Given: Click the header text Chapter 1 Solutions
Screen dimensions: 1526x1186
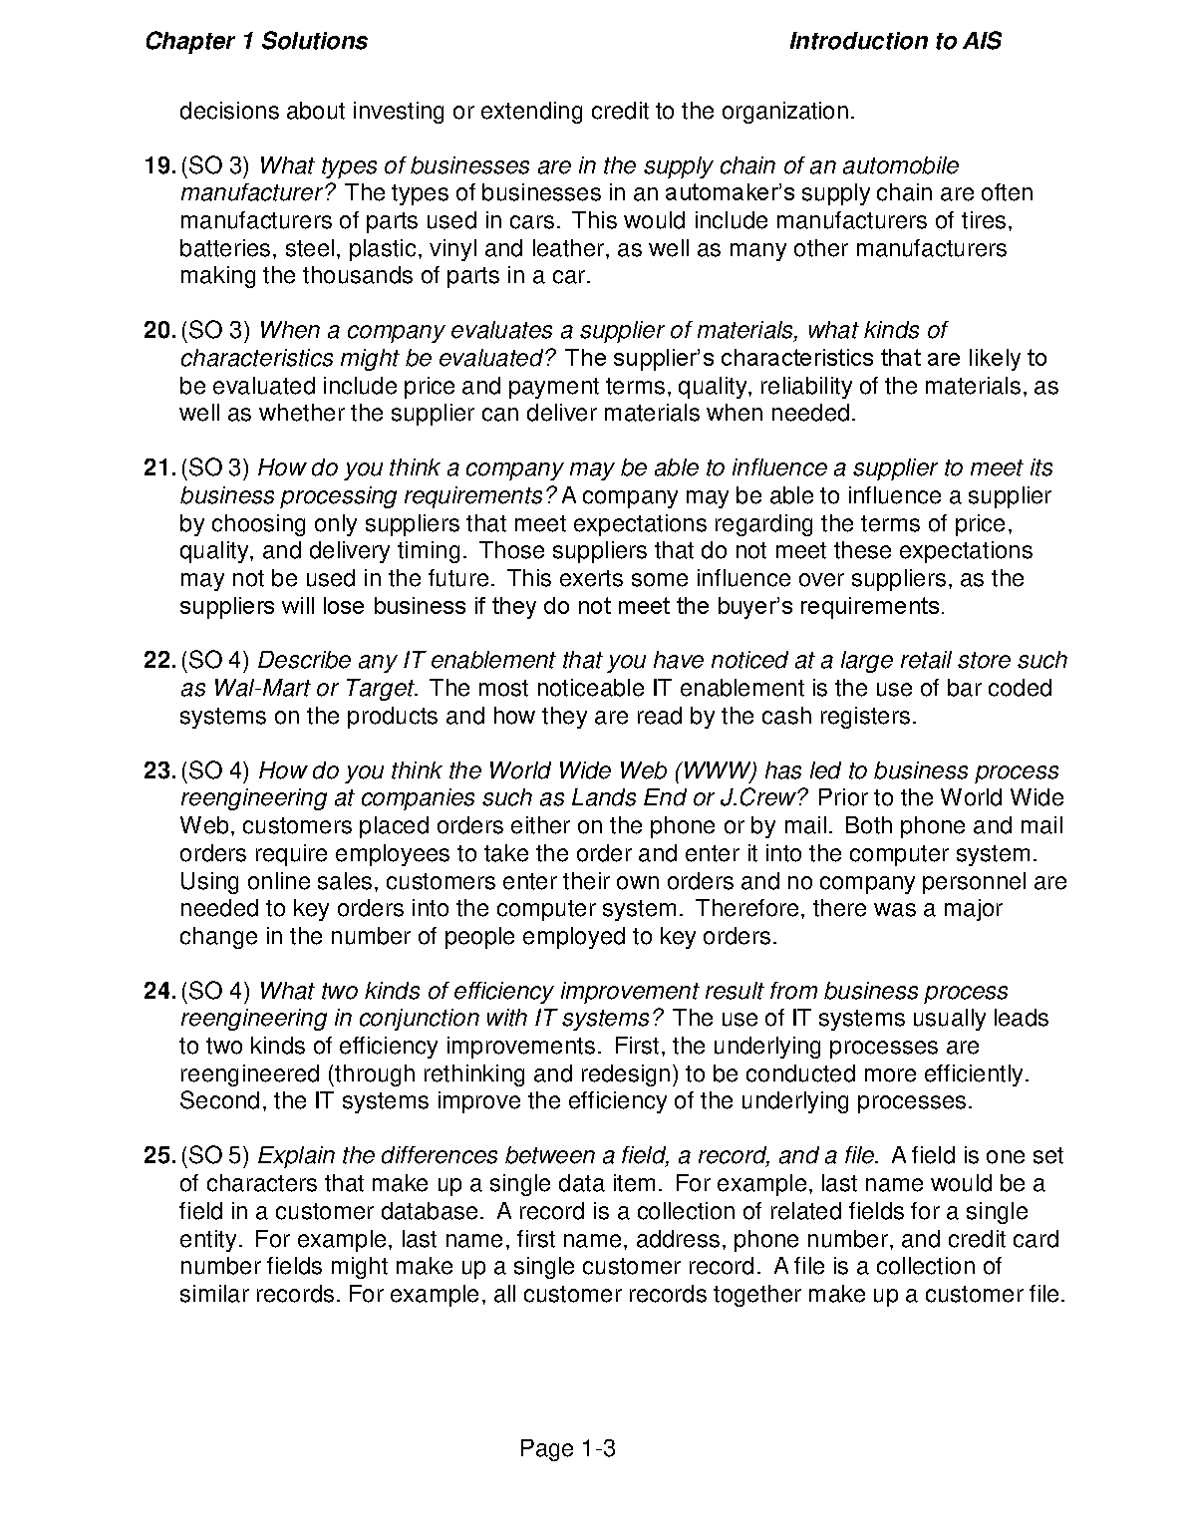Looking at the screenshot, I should tap(256, 41).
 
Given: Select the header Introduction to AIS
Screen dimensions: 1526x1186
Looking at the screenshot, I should tap(895, 41).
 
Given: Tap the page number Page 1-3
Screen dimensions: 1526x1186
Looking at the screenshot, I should tap(568, 1449).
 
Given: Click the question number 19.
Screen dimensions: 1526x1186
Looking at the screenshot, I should tap(159, 165).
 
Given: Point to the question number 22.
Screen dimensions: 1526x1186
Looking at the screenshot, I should tap(159, 660).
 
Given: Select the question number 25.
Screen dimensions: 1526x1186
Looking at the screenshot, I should tap(159, 1156).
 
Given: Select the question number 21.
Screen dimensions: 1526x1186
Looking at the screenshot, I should tap(159, 468).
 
